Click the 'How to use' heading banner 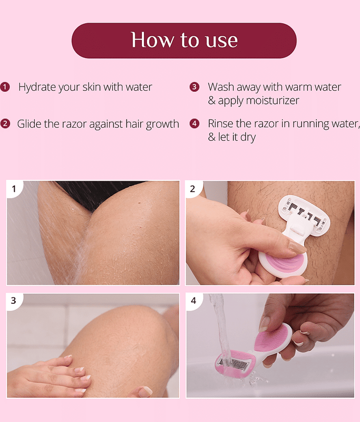pos(184,41)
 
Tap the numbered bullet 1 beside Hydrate pos(5,87)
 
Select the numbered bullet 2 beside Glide pos(5,124)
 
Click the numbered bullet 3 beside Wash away pos(194,87)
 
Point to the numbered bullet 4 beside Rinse pos(194,123)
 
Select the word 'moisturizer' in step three pos(273,100)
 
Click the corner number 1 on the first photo pos(14,189)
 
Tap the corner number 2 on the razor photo pos(192,189)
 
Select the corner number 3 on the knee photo pos(14,301)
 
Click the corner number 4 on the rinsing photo pos(193,301)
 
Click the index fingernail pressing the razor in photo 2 pos(297,247)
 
